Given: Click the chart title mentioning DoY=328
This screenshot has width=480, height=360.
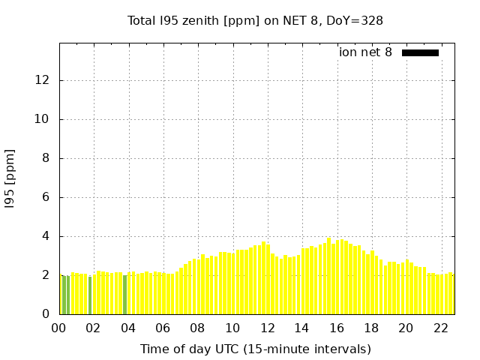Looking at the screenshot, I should (255, 20).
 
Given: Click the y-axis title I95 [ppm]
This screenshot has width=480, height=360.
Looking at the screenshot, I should (10, 178).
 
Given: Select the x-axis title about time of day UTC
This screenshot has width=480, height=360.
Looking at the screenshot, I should (255, 349).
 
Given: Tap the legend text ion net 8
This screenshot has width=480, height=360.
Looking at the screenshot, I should (365, 52).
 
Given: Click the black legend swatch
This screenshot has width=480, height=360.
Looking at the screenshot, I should (420, 52).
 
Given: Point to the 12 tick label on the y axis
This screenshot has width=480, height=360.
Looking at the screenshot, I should (43, 80).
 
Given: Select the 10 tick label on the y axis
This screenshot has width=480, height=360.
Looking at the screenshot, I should (43, 119).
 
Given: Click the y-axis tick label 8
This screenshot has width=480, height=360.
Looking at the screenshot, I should (46, 158).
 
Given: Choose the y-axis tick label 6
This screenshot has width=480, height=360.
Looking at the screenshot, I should (46, 197).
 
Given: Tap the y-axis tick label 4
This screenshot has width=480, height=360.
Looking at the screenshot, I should (46, 236).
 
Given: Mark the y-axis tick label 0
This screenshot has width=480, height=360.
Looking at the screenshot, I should (46, 314).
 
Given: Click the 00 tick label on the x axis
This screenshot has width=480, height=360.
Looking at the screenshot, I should (59, 328).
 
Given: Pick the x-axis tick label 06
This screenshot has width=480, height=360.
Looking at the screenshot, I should (163, 328).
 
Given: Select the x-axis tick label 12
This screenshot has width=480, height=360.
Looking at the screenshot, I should (267, 328).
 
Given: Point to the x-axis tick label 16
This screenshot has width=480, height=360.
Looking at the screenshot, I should (337, 328).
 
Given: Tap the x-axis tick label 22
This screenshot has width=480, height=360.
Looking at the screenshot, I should (441, 328).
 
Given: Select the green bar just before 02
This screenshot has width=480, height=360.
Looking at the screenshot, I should (90, 295).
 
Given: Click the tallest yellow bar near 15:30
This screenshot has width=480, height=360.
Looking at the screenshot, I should (328, 277).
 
